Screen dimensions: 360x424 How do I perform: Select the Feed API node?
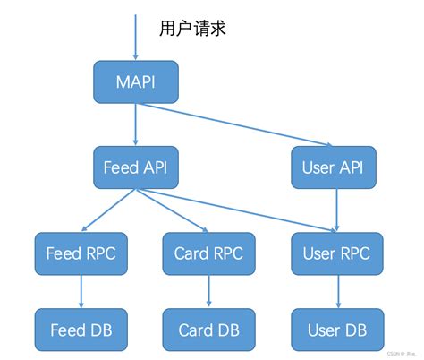pos(136,168)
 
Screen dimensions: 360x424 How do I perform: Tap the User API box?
pos(333,168)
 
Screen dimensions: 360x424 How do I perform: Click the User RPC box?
pos(336,253)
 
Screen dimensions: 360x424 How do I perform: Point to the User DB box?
pos(336,330)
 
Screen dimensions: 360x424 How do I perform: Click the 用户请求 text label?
pos(191,28)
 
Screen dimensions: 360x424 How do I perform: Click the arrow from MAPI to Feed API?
pos(135,124)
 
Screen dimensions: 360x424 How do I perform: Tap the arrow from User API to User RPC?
pos(335,210)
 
